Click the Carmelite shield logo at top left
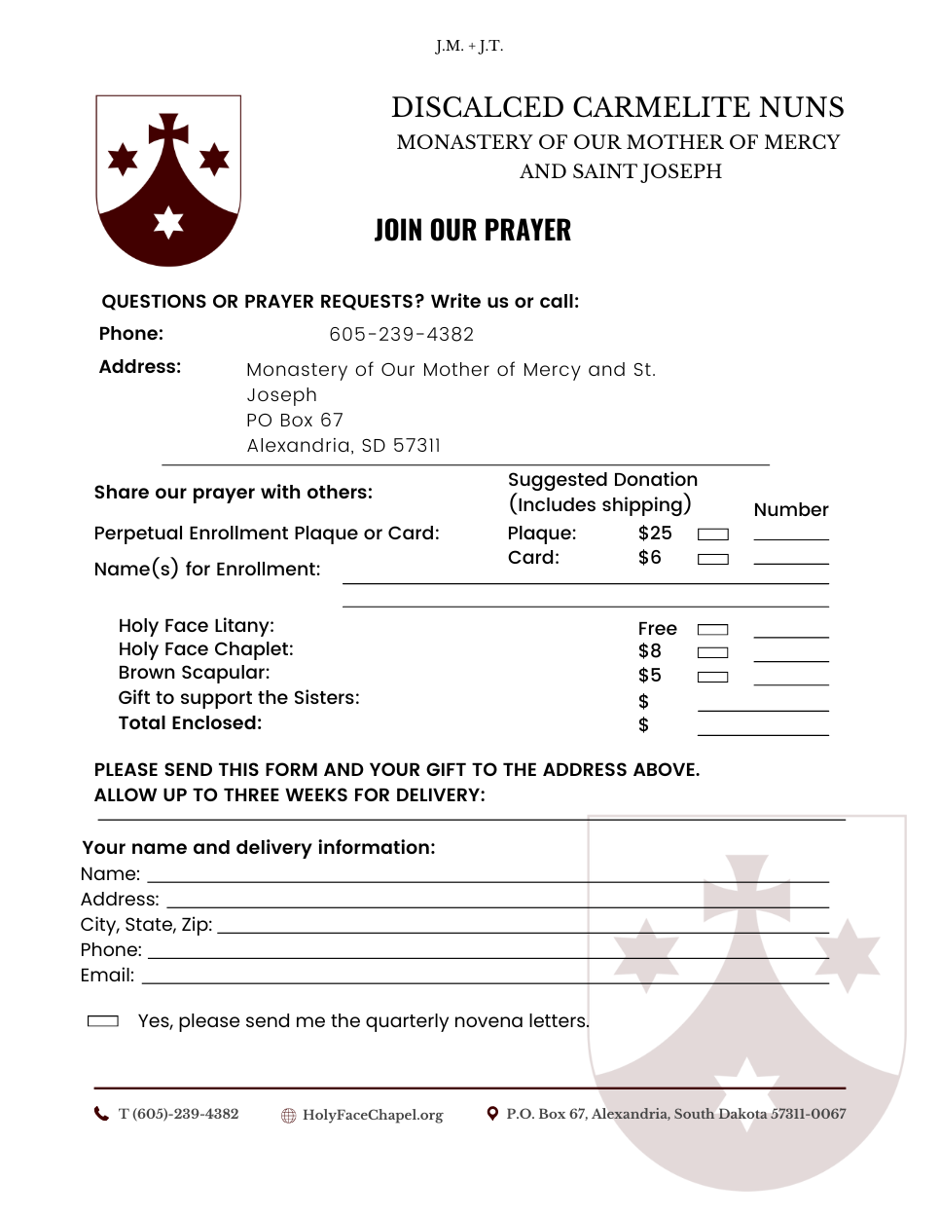click(168, 179)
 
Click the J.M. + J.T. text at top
click(469, 46)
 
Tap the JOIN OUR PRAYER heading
click(473, 230)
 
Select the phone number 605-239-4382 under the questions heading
click(401, 334)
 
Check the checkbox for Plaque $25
click(713, 535)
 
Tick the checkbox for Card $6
click(713, 559)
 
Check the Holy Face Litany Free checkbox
click(713, 630)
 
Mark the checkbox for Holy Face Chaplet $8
click(713, 652)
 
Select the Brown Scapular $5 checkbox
click(713, 677)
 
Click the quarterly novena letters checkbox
click(103, 1020)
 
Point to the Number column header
click(791, 509)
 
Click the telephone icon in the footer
click(101, 1114)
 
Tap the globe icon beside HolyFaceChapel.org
click(288, 1116)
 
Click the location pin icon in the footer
click(492, 1114)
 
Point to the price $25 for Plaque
click(655, 533)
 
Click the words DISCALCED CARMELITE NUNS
click(618, 107)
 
